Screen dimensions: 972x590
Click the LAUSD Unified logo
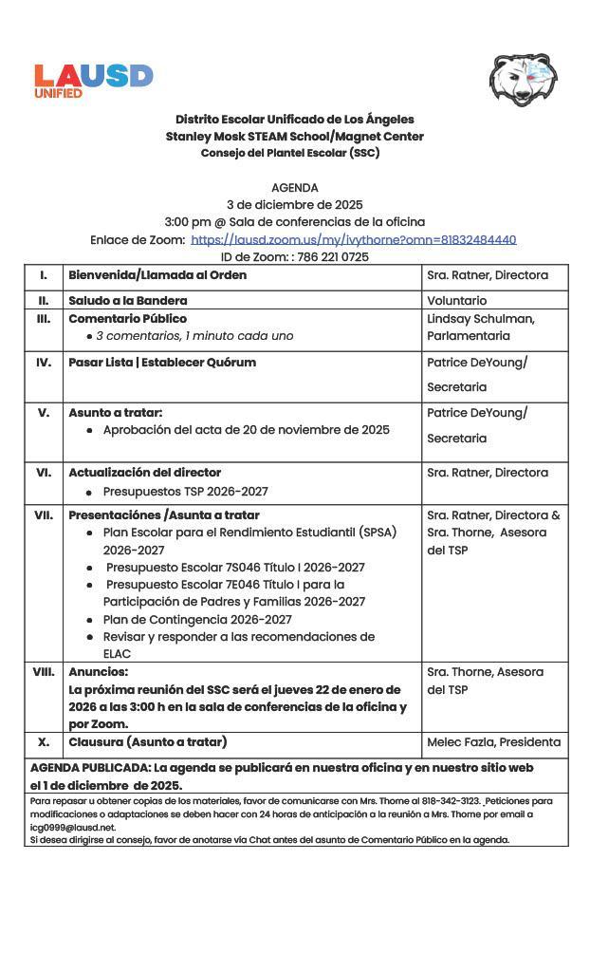[93, 80]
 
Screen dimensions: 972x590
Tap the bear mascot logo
[523, 80]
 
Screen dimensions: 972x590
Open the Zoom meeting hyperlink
[353, 239]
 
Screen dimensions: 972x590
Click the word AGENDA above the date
[294, 188]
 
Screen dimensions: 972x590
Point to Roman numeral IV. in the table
[44, 362]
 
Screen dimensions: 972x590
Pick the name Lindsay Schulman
[480, 318]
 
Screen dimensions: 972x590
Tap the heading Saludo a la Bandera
[127, 300]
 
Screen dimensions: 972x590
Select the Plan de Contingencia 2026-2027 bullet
[197, 619]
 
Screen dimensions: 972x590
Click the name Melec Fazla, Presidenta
[493, 741]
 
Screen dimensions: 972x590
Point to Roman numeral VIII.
[44, 671]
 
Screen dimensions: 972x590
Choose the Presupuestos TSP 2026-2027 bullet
[185, 491]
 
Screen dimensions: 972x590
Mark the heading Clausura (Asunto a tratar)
[147, 741]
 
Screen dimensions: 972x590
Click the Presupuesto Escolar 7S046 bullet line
[234, 567]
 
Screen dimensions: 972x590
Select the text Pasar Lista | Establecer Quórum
[161, 362]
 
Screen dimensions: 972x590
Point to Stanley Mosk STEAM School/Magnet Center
[294, 136]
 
